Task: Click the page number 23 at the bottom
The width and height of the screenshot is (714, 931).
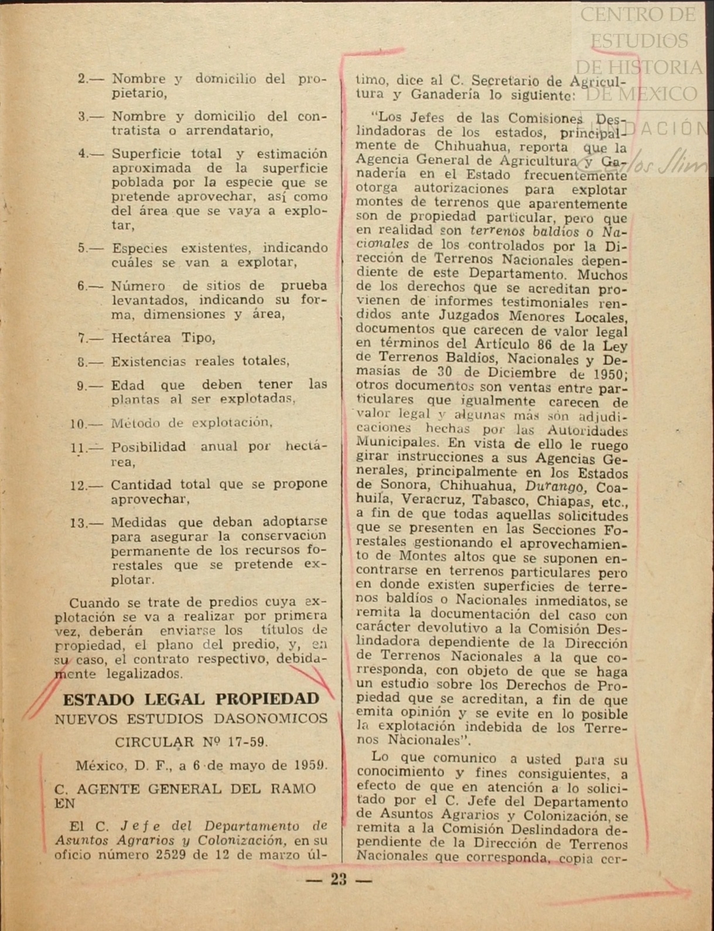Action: pyautogui.click(x=339, y=879)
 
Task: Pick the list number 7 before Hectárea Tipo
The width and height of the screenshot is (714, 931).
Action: pyautogui.click(x=82, y=338)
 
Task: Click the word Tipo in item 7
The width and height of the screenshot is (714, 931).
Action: pyautogui.click(x=198, y=338)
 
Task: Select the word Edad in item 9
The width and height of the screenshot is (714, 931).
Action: pyautogui.click(x=128, y=386)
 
